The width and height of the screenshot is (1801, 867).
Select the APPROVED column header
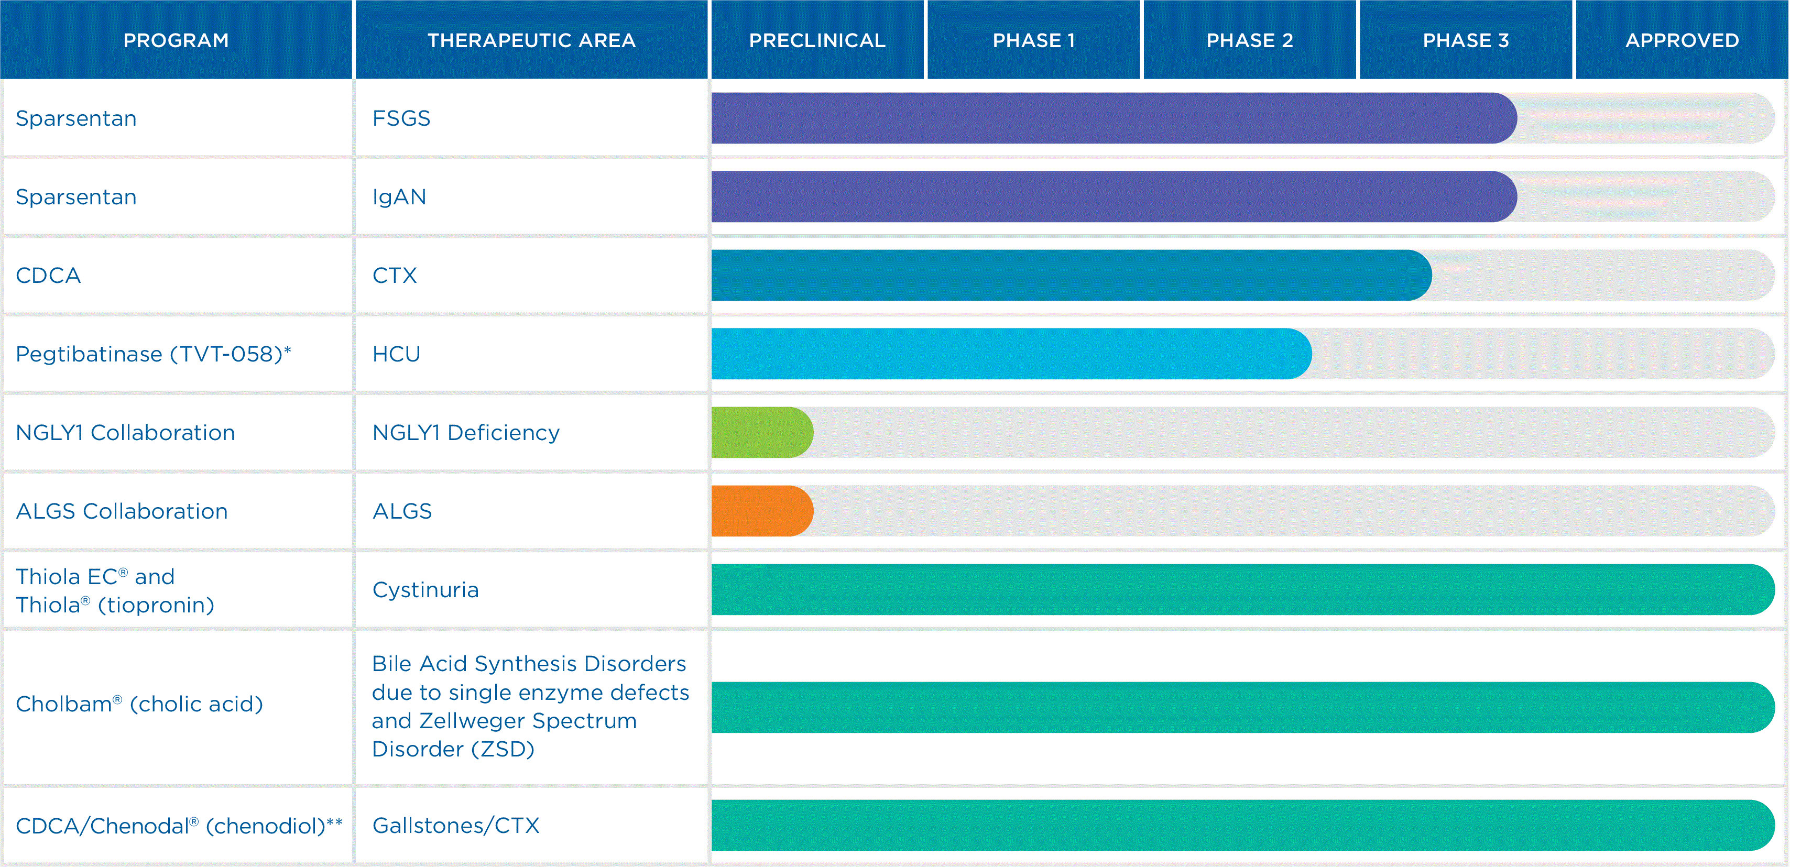(1682, 40)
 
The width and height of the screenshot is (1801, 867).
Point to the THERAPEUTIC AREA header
(531, 40)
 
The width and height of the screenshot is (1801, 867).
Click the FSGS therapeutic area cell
(401, 118)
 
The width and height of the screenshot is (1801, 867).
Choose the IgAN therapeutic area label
(399, 196)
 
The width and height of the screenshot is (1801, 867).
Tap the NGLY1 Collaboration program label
(125, 432)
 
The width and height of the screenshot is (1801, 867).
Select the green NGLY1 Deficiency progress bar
(762, 432)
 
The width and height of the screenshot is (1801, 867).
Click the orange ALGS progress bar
(762, 511)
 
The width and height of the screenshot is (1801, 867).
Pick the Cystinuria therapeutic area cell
(426, 589)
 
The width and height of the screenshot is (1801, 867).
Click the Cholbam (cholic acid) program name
(139, 704)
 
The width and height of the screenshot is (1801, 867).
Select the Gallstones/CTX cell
(456, 825)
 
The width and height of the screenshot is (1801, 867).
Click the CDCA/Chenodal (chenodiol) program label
(179, 825)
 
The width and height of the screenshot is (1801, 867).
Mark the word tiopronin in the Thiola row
(155, 605)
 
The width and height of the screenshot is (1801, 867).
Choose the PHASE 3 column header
(1466, 40)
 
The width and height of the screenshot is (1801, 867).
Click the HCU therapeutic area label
(397, 354)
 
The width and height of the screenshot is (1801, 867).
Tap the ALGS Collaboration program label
(122, 511)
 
